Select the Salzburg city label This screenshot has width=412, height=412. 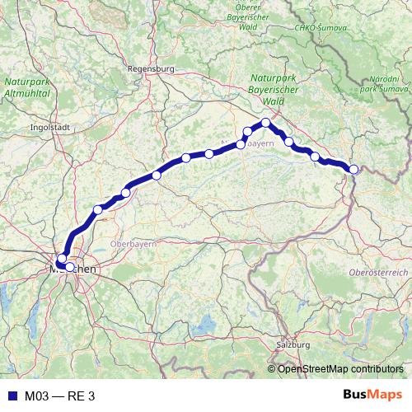[x=293, y=344]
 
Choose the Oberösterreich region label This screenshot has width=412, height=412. [x=378, y=272]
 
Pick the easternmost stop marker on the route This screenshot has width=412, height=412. [x=354, y=170]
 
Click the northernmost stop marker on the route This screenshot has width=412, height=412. [x=266, y=123]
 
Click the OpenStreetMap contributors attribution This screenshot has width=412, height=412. [x=340, y=369]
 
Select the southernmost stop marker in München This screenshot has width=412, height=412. [x=70, y=267]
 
